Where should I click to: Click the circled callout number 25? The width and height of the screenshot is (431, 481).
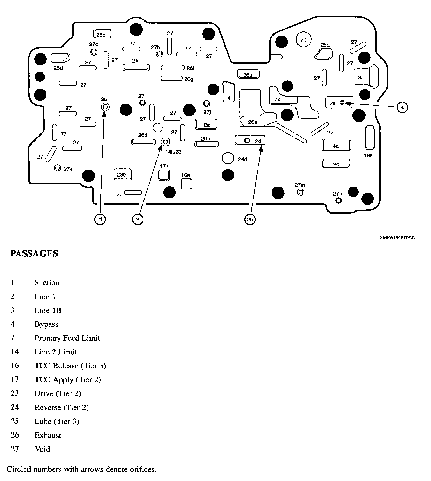[250, 219]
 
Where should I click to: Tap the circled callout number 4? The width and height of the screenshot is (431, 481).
[402, 107]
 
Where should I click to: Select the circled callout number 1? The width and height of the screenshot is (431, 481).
[100, 219]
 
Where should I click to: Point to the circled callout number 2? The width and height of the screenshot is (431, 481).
[137, 219]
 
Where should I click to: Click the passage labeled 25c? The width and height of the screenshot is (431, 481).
[102, 34]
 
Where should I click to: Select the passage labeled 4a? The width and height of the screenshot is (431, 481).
[336, 145]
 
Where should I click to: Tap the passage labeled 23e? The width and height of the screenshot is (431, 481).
[122, 175]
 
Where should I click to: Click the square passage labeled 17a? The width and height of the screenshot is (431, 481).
[164, 175]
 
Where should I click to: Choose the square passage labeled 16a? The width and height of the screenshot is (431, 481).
[186, 184]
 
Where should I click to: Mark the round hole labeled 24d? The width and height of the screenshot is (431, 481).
[228, 159]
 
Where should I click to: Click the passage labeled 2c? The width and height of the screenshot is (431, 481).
[336, 164]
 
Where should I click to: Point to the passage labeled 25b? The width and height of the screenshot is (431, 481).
[248, 74]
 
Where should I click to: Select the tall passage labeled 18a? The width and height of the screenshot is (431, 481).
[370, 138]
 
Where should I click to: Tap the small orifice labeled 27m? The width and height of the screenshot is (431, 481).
[301, 192]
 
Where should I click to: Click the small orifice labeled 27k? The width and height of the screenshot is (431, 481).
[58, 168]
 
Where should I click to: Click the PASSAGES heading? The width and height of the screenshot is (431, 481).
[34, 253]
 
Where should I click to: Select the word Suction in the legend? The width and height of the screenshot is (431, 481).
[47, 283]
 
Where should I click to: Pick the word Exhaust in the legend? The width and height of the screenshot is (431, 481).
[48, 435]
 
